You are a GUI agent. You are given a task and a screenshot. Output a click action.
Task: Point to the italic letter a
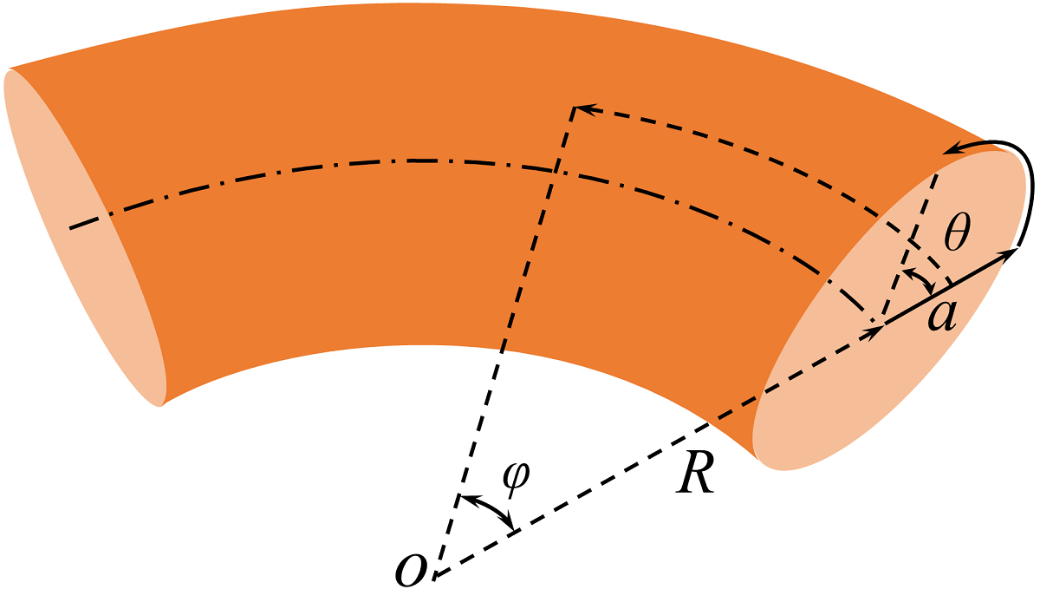coord(941,315)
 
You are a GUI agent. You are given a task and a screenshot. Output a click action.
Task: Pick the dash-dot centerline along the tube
coord(416,161)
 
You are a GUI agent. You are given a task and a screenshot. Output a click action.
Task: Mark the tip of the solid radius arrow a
coord(1016,251)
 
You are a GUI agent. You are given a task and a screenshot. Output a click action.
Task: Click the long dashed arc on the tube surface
coord(780,147)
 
